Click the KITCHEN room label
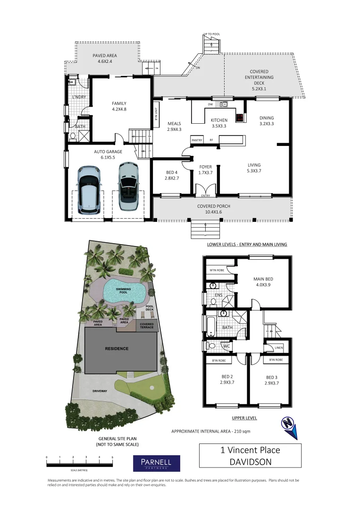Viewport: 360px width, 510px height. point(219,120)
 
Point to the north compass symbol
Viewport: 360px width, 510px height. point(289,425)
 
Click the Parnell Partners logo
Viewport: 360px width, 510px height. point(157,463)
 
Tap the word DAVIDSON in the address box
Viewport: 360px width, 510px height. point(250,462)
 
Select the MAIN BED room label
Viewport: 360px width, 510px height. point(263,279)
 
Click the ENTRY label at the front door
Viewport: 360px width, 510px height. point(206,195)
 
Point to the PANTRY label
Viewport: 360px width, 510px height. point(197,140)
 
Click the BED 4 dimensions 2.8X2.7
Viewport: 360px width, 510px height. point(172,178)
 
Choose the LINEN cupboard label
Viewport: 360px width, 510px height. point(278,348)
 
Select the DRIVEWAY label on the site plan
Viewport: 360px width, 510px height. point(100,391)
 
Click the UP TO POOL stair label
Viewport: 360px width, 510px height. point(212,34)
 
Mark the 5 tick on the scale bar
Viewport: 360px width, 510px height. point(112,458)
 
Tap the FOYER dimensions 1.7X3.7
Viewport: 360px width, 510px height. point(206,173)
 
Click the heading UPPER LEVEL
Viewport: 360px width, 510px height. point(244,418)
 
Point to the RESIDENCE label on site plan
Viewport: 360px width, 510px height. point(117,348)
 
